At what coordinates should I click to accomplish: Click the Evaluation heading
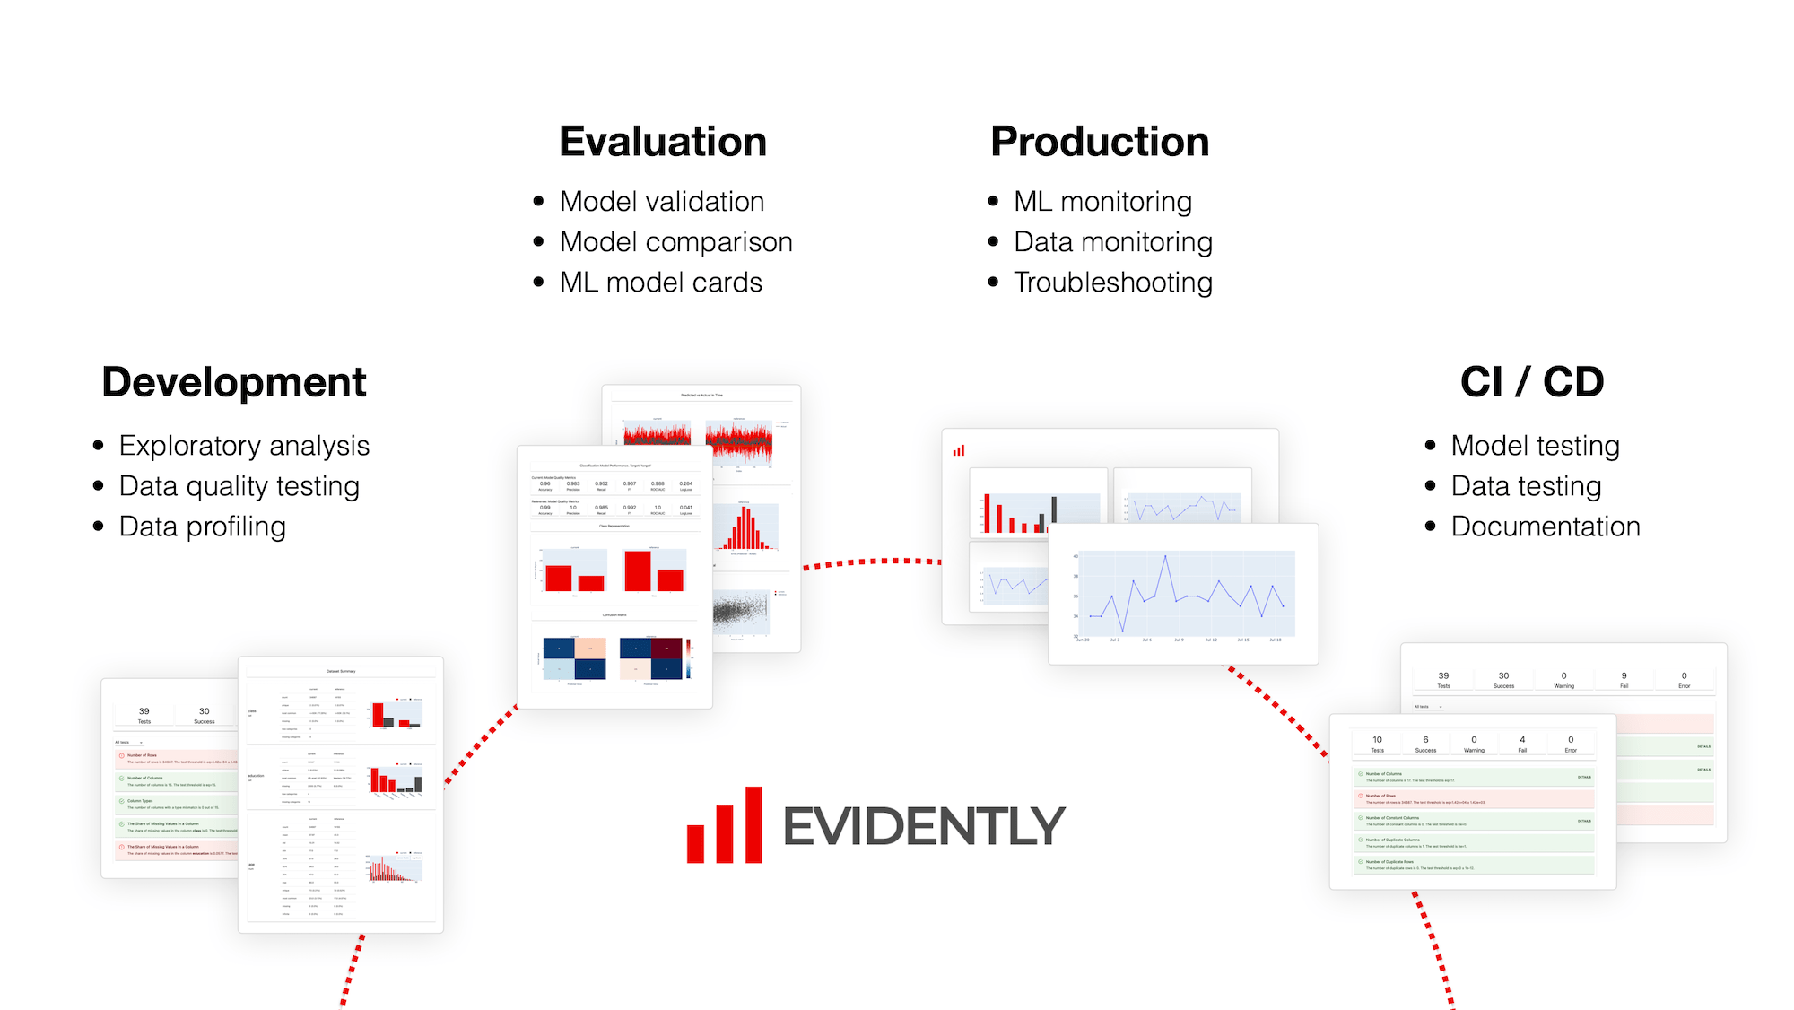[663, 142]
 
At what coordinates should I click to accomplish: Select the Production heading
[1100, 142]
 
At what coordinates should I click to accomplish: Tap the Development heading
[234, 382]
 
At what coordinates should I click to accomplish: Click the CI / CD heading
[1532, 382]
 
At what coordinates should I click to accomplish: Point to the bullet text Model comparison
[675, 242]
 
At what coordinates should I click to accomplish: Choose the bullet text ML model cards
[660, 283]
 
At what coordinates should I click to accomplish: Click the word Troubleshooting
[1112, 283]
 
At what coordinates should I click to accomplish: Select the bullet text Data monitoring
[1112, 242]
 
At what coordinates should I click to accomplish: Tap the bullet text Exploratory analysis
[244, 446]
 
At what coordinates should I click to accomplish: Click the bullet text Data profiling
[202, 527]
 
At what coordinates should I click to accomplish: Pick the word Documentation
[1545, 527]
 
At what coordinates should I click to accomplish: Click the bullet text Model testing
[1535, 446]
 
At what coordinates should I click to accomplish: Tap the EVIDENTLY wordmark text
[923, 826]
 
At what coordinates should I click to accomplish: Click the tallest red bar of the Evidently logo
[753, 824]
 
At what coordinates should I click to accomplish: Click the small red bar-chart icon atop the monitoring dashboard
[959, 450]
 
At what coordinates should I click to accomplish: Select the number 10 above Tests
[1377, 740]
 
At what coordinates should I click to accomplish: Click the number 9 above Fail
[1624, 675]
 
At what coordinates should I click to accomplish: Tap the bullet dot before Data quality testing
[99, 486]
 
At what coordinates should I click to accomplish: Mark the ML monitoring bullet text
[1102, 202]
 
